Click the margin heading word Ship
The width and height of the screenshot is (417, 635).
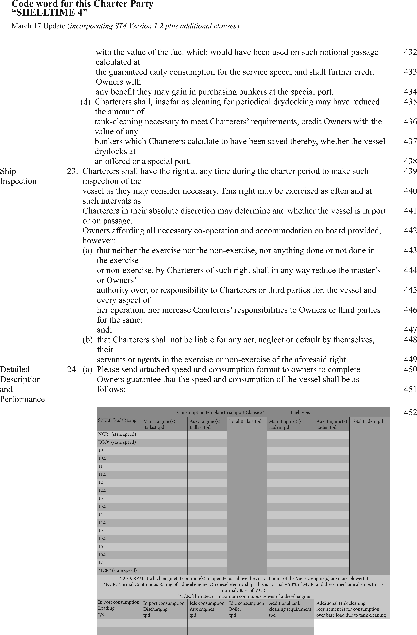click(8, 171)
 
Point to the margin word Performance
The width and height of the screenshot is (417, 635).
click(22, 399)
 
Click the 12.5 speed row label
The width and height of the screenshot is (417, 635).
click(102, 490)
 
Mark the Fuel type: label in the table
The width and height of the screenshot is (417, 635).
click(300, 413)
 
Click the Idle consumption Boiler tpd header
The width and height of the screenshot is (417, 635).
click(246, 609)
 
